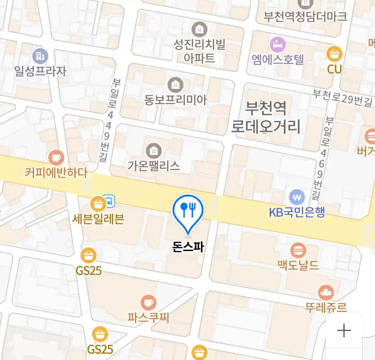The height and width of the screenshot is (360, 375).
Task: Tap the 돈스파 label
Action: coord(188,246)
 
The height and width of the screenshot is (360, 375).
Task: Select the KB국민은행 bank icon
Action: coord(297,197)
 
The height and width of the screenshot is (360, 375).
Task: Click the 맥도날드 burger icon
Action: coord(298,250)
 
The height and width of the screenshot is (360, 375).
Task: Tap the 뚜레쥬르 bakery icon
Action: coord(326,293)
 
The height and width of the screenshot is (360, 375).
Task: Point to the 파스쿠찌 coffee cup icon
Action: coord(148,303)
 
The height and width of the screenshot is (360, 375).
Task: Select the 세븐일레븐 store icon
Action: coord(98,204)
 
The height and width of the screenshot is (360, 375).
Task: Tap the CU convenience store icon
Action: coord(334,54)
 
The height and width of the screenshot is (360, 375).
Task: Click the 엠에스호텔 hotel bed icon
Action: coord(278,44)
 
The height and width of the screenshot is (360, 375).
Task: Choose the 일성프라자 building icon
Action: coord(40,56)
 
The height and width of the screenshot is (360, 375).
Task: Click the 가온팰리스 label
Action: coord(154,166)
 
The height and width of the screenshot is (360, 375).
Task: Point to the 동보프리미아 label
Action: coord(175,100)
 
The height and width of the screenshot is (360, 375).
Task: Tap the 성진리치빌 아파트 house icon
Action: coord(199,30)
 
